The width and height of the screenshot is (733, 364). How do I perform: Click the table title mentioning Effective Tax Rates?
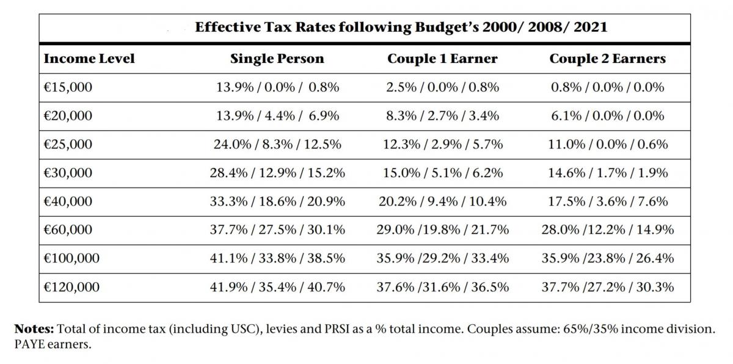coord(401,27)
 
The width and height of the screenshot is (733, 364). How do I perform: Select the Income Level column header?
coord(89,59)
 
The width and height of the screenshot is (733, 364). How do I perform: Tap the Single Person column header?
coord(277,59)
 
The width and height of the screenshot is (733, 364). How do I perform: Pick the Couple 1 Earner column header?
coord(442,59)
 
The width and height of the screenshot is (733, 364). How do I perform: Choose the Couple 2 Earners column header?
coord(607,59)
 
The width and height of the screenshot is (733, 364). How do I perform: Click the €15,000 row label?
coord(68,87)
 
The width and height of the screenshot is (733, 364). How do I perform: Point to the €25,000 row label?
coord(68,144)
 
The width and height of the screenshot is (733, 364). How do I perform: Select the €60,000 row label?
coord(68,230)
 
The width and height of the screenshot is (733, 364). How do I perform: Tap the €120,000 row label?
coord(71,286)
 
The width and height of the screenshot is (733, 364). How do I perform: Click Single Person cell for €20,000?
coord(277,116)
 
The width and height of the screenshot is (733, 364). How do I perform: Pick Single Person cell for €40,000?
coord(277,201)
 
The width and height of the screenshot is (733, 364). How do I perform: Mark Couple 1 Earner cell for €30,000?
coord(442,173)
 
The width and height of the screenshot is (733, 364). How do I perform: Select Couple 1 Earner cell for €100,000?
coord(442,258)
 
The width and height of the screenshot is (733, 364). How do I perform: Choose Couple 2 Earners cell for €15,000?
coord(607,87)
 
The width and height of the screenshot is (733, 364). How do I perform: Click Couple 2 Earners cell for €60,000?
coord(607,230)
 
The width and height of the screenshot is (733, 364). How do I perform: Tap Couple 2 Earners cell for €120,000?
coord(607,286)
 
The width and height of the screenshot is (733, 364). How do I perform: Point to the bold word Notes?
coord(34,329)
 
